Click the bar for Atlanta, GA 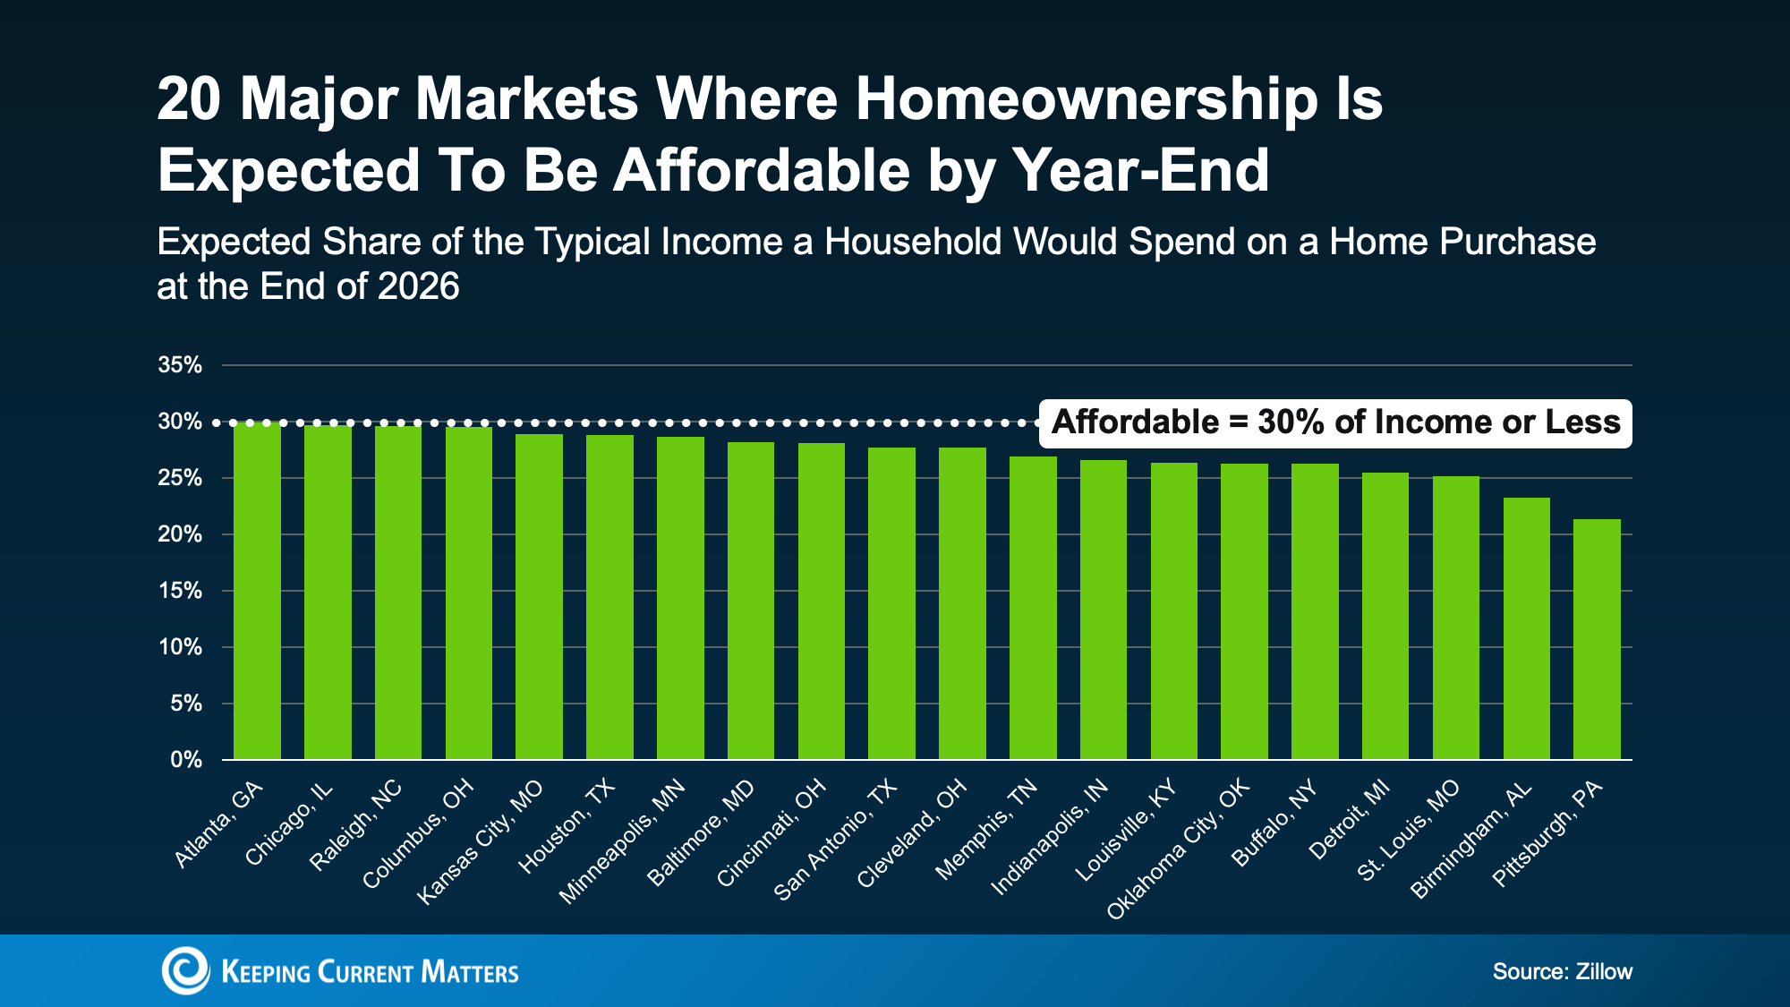pos(257,591)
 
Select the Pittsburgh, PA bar pos(1597,639)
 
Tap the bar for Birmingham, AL pos(1526,628)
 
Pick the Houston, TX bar pos(609,597)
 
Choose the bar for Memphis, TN pos(1033,608)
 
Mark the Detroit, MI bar pos(1385,616)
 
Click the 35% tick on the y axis pos(180,365)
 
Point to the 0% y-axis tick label pos(186,760)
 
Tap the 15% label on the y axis pos(180,591)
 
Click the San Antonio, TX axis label pos(835,840)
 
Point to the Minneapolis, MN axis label pos(622,841)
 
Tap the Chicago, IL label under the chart pos(289,824)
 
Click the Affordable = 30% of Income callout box pos(1335,422)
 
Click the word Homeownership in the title pos(1087,98)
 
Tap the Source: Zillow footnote pos(1562,972)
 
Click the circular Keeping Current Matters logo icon pos(185,970)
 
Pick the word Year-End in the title pos(1140,170)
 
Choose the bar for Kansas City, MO pos(539,597)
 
